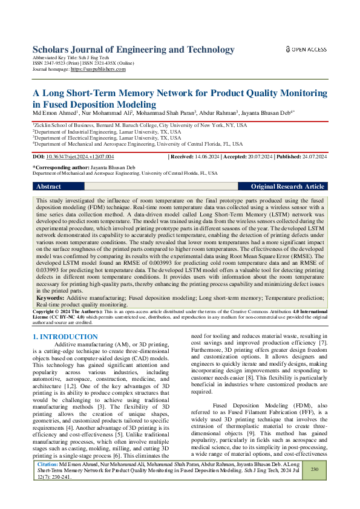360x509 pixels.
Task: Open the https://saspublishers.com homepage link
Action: click(x=98, y=70)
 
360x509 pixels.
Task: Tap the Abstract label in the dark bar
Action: click(x=48, y=187)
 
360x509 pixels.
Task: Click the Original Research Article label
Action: click(x=287, y=187)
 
